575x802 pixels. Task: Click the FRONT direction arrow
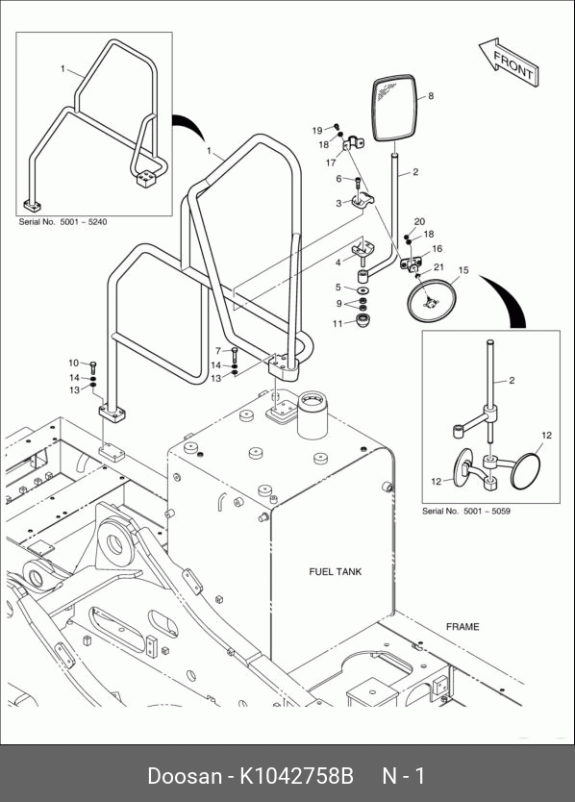[509, 62]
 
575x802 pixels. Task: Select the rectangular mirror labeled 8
[394, 108]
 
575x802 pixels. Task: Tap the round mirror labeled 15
[431, 300]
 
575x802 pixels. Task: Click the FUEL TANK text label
[335, 572]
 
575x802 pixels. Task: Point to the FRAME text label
[462, 627]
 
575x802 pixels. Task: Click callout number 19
[317, 131]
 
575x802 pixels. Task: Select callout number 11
[337, 324]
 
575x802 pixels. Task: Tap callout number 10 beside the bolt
[74, 363]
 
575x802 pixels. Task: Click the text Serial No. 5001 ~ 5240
[62, 222]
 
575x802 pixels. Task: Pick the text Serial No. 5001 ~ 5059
[466, 511]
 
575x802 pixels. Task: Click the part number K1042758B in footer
[297, 776]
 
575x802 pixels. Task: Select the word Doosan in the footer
[185, 776]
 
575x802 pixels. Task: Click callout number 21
[438, 267]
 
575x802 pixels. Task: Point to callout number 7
[218, 351]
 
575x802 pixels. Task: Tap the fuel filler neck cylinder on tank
[312, 414]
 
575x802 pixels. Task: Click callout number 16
[437, 249]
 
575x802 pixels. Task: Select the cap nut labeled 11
[362, 321]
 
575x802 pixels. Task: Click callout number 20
[419, 222]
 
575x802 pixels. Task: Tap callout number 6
[338, 179]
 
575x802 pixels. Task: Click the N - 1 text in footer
[404, 776]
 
